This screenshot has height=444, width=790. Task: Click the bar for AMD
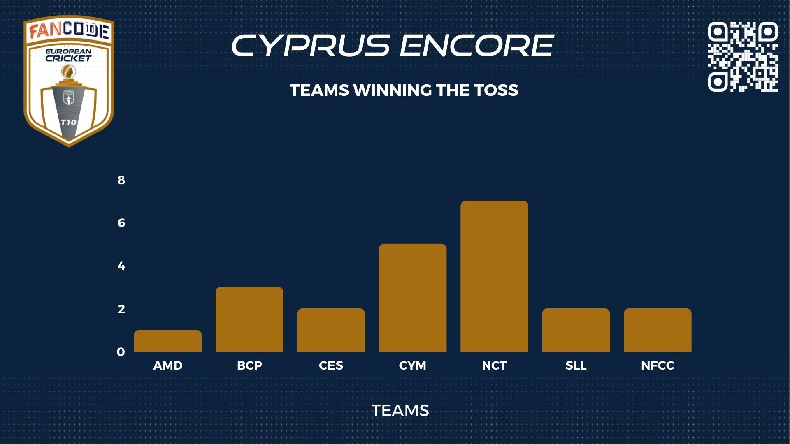168,340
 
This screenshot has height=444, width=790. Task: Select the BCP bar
249,319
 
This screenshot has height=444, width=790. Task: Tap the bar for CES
331,330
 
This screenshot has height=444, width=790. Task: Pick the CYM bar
413,298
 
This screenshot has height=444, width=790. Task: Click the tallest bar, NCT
494,276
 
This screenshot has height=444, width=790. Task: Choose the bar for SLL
576,330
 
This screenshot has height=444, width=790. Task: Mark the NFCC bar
658,330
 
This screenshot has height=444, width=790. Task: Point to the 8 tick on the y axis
121,180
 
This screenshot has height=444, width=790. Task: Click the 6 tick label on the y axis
121,223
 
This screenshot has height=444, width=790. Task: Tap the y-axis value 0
121,352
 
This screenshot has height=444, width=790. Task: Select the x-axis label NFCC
658,365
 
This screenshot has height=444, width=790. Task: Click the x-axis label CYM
413,365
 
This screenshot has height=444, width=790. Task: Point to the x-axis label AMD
168,365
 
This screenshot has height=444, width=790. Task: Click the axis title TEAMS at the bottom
400,410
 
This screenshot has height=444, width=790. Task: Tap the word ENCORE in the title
477,45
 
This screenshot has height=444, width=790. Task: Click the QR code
743,57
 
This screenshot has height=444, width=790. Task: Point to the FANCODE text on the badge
69,31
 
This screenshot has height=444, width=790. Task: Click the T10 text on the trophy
68,122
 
